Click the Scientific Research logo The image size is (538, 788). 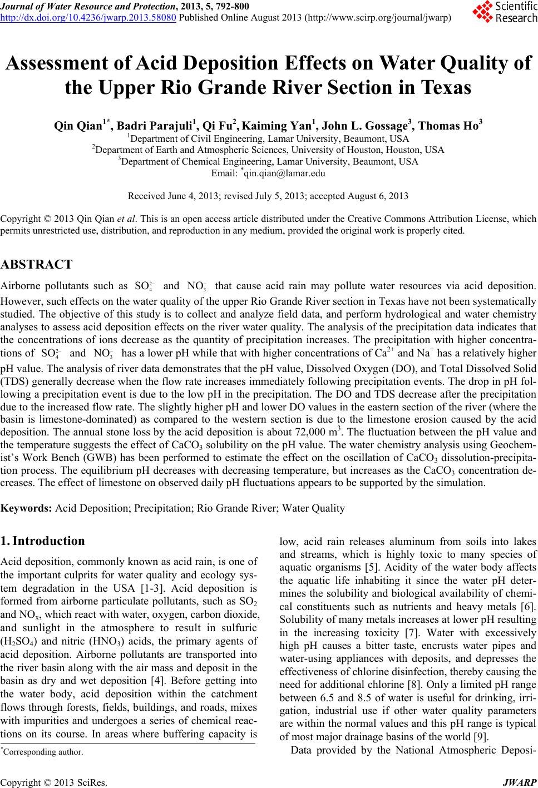(x=504, y=13)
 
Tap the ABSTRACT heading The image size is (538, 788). (x=37, y=264)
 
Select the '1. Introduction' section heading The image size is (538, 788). (x=43, y=541)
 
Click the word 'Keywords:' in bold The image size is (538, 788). (x=26, y=508)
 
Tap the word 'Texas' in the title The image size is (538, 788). (x=441, y=87)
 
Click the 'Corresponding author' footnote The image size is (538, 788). (x=42, y=752)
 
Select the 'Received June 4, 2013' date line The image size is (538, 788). (x=268, y=196)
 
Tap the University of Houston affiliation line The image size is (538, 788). (x=268, y=150)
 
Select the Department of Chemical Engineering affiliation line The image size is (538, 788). (x=268, y=161)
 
